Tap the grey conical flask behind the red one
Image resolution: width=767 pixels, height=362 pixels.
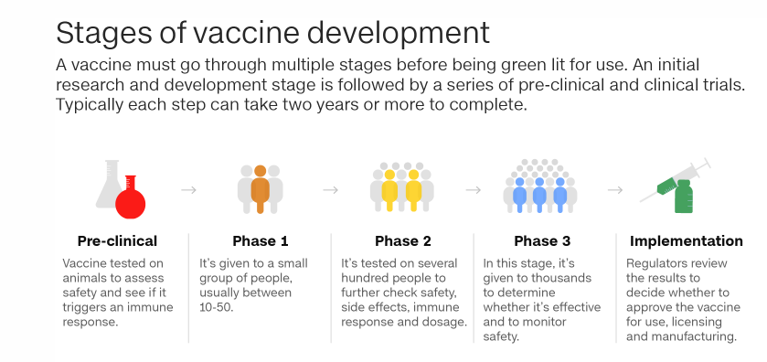pyautogui.click(x=108, y=186)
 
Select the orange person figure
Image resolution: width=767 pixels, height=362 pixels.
pyautogui.click(x=261, y=189)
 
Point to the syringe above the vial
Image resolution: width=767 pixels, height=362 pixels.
pyautogui.click(x=675, y=180)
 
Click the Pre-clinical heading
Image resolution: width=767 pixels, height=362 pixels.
pyautogui.click(x=117, y=241)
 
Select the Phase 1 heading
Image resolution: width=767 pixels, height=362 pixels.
pyautogui.click(x=261, y=241)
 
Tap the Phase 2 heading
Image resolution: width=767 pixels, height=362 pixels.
pyautogui.click(x=403, y=241)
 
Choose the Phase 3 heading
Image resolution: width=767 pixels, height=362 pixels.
pyautogui.click(x=542, y=241)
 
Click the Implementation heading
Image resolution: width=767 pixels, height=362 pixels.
pyautogui.click(x=687, y=241)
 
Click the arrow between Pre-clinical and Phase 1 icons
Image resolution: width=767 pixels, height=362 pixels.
pyautogui.click(x=189, y=190)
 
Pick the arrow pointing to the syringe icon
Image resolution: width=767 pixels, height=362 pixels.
pyautogui.click(x=615, y=190)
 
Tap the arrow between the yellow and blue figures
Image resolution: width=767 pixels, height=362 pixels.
pyautogui.click(x=474, y=190)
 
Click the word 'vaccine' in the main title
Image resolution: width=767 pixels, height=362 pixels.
pyautogui.click(x=248, y=33)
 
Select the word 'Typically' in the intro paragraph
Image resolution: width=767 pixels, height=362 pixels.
pyautogui.click(x=82, y=105)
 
